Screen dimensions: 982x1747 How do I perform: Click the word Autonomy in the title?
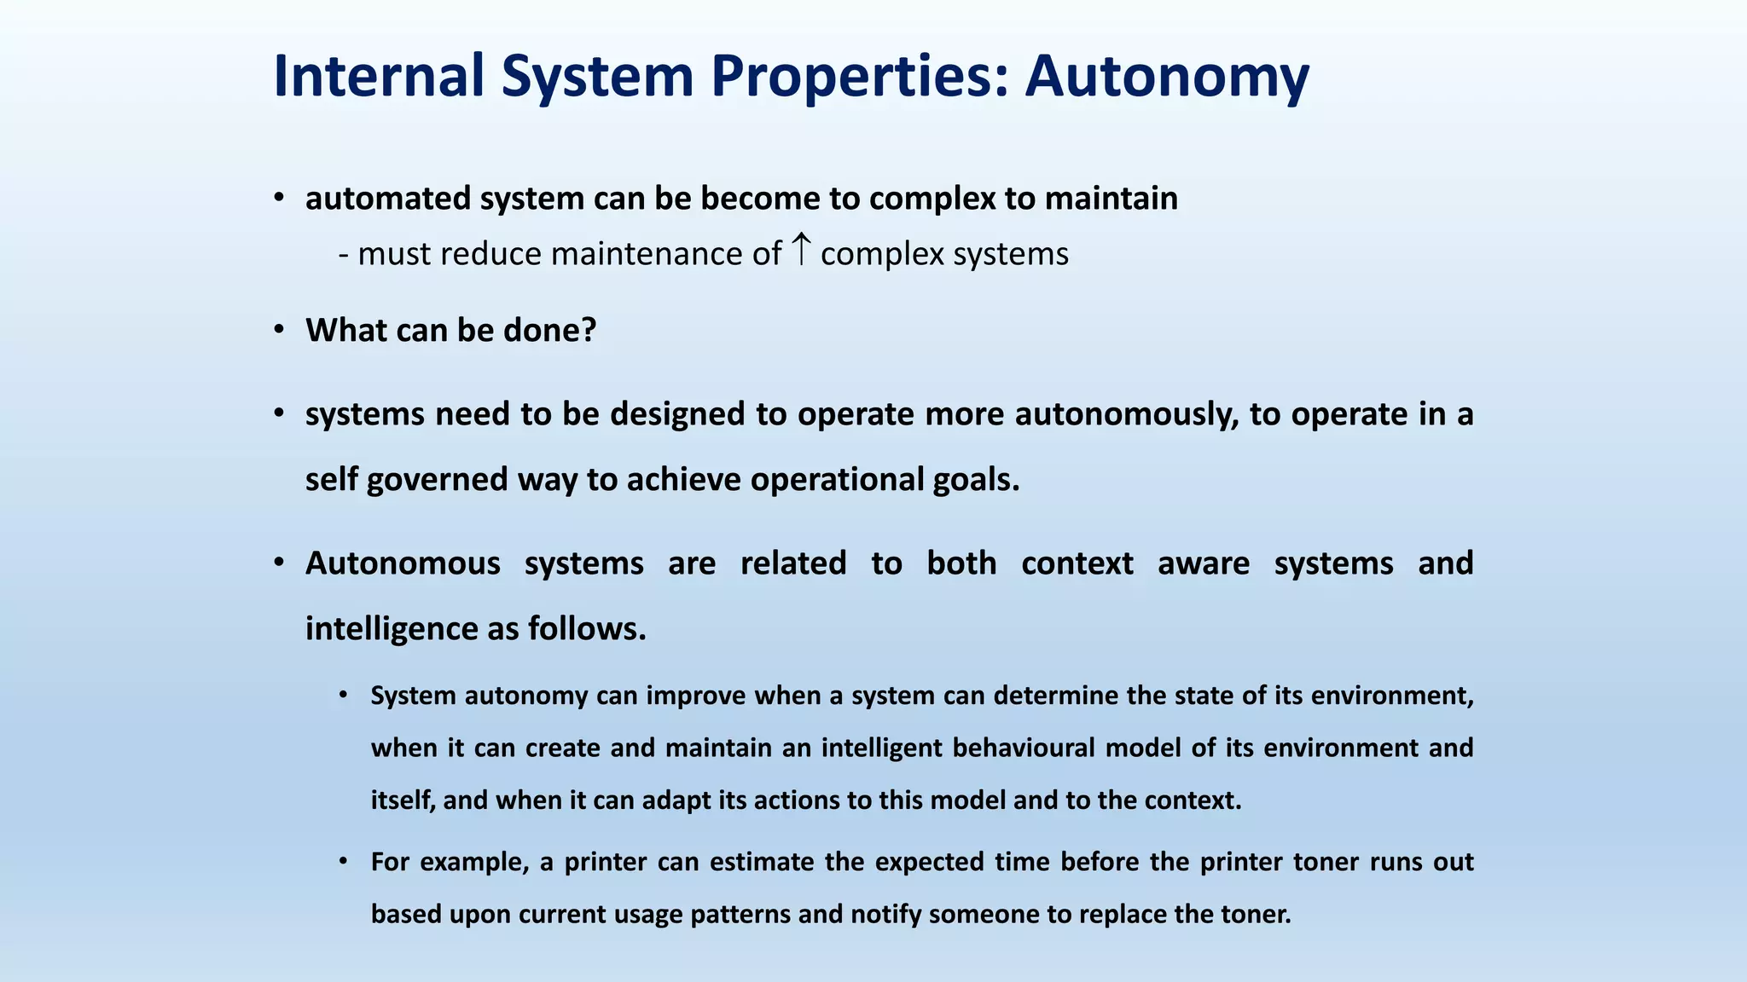(1166, 77)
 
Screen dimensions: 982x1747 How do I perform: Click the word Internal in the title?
(379, 77)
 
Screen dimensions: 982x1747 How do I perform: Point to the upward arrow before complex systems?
(800, 250)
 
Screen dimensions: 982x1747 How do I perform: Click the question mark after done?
(588, 330)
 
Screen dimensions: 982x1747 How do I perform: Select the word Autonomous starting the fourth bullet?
(403, 563)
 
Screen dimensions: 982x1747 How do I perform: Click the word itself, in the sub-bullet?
(403, 800)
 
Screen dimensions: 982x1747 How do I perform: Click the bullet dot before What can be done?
(279, 330)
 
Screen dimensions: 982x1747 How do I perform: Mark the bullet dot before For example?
(343, 862)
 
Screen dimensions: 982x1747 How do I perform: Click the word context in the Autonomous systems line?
(1077, 563)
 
